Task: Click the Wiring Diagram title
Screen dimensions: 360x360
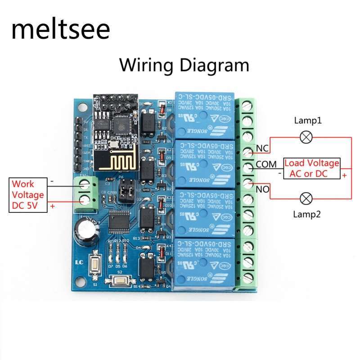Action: (x=184, y=65)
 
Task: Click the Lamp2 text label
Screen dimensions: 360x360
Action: (x=307, y=215)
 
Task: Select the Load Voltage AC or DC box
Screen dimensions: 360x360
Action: (x=311, y=168)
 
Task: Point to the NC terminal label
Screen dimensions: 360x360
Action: (x=262, y=148)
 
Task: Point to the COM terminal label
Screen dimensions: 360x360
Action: (x=266, y=165)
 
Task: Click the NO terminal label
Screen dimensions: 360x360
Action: (x=262, y=189)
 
